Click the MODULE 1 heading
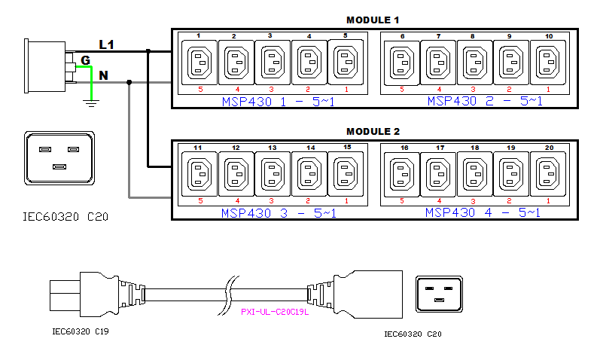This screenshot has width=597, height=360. pos(373,20)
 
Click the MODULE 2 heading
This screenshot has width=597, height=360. pos(373,131)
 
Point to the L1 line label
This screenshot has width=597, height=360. pos(106,45)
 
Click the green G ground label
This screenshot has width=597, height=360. pos(85,59)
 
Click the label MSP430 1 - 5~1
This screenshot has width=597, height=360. pos(279,101)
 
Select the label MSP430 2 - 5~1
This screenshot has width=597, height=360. pos(484,101)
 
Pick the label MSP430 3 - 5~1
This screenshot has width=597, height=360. pos(279,213)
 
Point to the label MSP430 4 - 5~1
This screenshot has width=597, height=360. pos(483,213)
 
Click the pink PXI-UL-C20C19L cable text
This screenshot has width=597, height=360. pos(275,311)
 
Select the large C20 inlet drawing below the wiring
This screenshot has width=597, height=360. pos(59,158)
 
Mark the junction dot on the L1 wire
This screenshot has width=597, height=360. pos(149,51)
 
